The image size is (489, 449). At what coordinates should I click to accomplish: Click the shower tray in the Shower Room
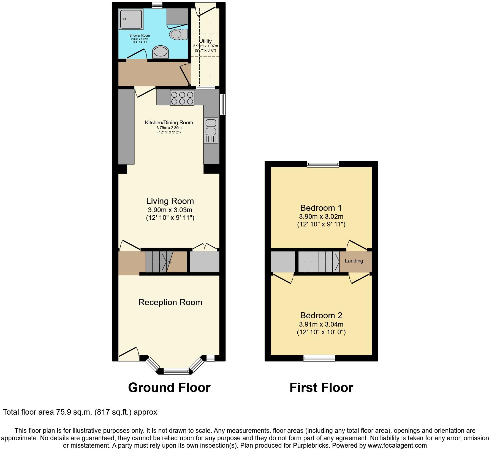[131, 19]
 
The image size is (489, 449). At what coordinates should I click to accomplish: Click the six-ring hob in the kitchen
[182, 98]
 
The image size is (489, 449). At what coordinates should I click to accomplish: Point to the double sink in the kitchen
[211, 130]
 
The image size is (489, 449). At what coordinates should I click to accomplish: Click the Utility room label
[205, 41]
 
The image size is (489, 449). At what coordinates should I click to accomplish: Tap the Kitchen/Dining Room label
[169, 123]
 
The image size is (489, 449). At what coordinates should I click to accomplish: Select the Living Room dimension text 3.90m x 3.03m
[170, 210]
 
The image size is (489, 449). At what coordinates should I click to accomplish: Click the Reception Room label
[170, 302]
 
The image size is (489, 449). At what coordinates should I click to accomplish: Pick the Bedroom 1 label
[321, 208]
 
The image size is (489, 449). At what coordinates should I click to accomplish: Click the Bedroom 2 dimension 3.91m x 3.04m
[321, 324]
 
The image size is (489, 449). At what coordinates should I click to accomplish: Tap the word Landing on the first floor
[354, 261]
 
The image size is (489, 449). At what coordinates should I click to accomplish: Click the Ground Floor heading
[169, 388]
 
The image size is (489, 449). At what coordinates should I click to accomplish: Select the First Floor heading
[321, 388]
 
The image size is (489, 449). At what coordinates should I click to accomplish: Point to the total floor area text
[80, 412]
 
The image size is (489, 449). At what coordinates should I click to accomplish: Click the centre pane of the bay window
[176, 371]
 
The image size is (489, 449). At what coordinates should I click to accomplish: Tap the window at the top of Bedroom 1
[323, 164]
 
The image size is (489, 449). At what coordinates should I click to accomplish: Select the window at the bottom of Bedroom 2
[319, 358]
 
